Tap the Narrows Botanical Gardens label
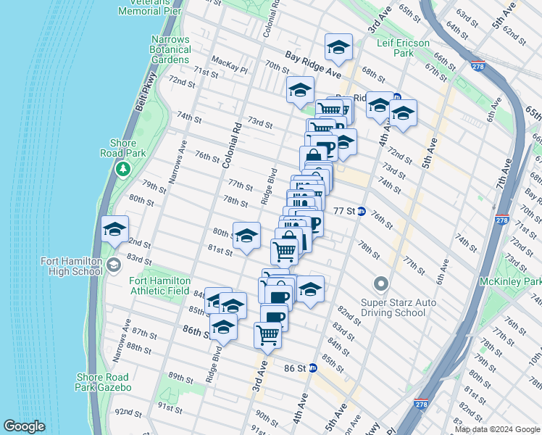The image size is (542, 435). [x=170, y=49]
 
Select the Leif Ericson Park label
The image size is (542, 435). [x=404, y=48]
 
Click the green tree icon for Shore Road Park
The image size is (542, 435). [x=122, y=169]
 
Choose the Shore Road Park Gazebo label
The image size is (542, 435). [x=103, y=382]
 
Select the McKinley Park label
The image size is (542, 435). [x=510, y=281]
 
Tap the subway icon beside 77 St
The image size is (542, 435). [x=361, y=211]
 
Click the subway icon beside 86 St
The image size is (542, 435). [x=313, y=368]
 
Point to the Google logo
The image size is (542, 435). [x=24, y=426]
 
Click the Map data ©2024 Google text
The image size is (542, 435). [x=497, y=429]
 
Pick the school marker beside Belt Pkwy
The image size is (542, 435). [x=114, y=230]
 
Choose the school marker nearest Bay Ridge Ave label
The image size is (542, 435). [x=338, y=48]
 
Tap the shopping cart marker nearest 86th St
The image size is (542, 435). [x=267, y=336]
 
